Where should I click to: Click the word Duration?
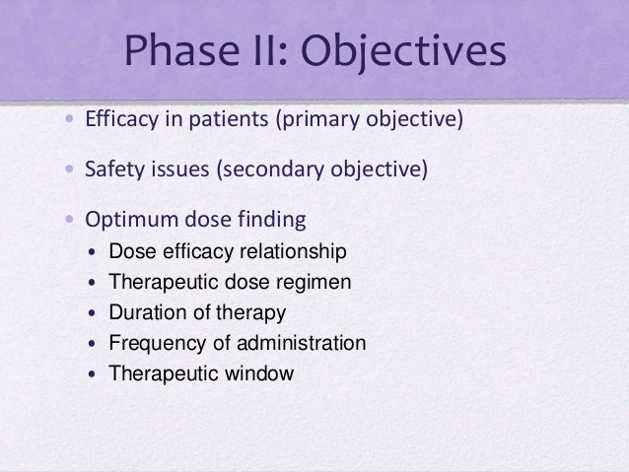click(144, 312)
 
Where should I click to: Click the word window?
click(260, 374)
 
